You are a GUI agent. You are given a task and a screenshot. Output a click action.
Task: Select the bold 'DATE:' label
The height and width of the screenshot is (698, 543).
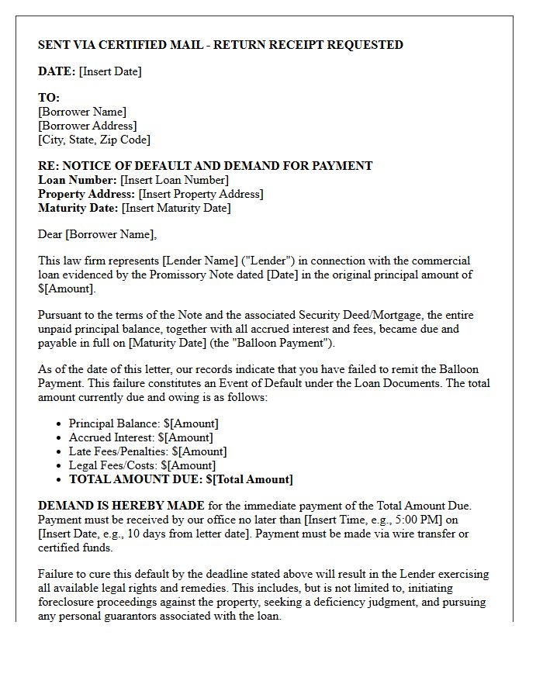(57, 71)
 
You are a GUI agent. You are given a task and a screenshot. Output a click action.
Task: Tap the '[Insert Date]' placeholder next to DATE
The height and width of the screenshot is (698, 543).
(110, 71)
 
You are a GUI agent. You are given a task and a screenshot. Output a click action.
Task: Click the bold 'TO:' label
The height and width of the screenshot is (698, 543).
(49, 98)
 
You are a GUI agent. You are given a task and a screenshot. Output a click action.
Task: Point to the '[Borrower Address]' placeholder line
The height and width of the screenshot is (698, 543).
(87, 126)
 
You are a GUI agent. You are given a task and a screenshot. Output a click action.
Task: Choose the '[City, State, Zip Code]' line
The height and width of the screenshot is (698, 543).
(94, 140)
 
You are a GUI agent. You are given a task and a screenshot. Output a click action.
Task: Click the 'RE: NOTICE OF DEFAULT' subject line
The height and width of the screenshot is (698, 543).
(205, 166)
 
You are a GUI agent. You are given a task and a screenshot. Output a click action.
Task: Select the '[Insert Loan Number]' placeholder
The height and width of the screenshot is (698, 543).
(175, 180)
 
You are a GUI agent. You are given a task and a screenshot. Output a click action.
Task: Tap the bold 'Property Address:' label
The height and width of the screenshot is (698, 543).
(87, 194)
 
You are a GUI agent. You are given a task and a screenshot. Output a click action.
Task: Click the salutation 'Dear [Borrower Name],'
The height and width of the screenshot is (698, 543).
(97, 234)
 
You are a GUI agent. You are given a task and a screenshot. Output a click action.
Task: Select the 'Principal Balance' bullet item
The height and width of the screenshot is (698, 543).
(144, 423)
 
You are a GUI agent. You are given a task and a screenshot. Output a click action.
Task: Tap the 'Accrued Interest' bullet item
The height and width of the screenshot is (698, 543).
(140, 437)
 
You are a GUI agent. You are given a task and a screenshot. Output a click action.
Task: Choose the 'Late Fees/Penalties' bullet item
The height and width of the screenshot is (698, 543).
(147, 451)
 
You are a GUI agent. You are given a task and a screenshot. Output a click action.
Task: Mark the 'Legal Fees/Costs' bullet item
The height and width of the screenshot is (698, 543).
(142, 465)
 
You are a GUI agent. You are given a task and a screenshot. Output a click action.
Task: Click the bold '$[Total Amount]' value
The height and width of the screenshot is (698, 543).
(249, 479)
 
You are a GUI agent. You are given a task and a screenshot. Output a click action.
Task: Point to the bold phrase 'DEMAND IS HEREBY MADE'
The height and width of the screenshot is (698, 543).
(121, 506)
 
